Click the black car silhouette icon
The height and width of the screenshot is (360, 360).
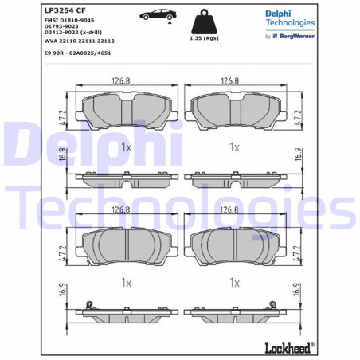point(155,14)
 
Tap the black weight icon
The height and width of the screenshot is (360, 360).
point(200,20)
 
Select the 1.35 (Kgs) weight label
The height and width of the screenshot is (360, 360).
point(200,37)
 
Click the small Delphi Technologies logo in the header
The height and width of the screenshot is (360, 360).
point(290,18)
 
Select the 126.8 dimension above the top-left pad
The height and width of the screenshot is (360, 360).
point(121,80)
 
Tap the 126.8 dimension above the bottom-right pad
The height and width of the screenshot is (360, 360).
point(229,210)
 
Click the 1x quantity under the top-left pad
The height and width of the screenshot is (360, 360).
point(126,147)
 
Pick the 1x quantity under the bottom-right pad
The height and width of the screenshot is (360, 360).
point(234,282)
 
